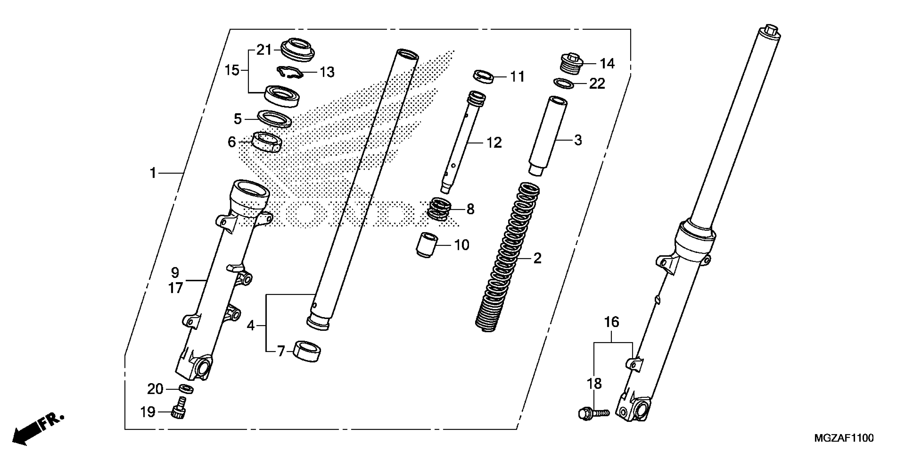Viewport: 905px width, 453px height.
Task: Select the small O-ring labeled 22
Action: click(x=564, y=84)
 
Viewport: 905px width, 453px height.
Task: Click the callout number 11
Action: click(x=517, y=77)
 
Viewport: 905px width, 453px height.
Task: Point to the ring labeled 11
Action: click(x=483, y=77)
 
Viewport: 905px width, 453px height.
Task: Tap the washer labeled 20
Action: click(x=186, y=389)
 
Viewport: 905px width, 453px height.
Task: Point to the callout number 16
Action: click(x=611, y=322)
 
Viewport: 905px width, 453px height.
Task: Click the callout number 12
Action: click(x=494, y=143)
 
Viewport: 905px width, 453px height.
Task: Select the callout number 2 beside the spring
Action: click(x=537, y=258)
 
